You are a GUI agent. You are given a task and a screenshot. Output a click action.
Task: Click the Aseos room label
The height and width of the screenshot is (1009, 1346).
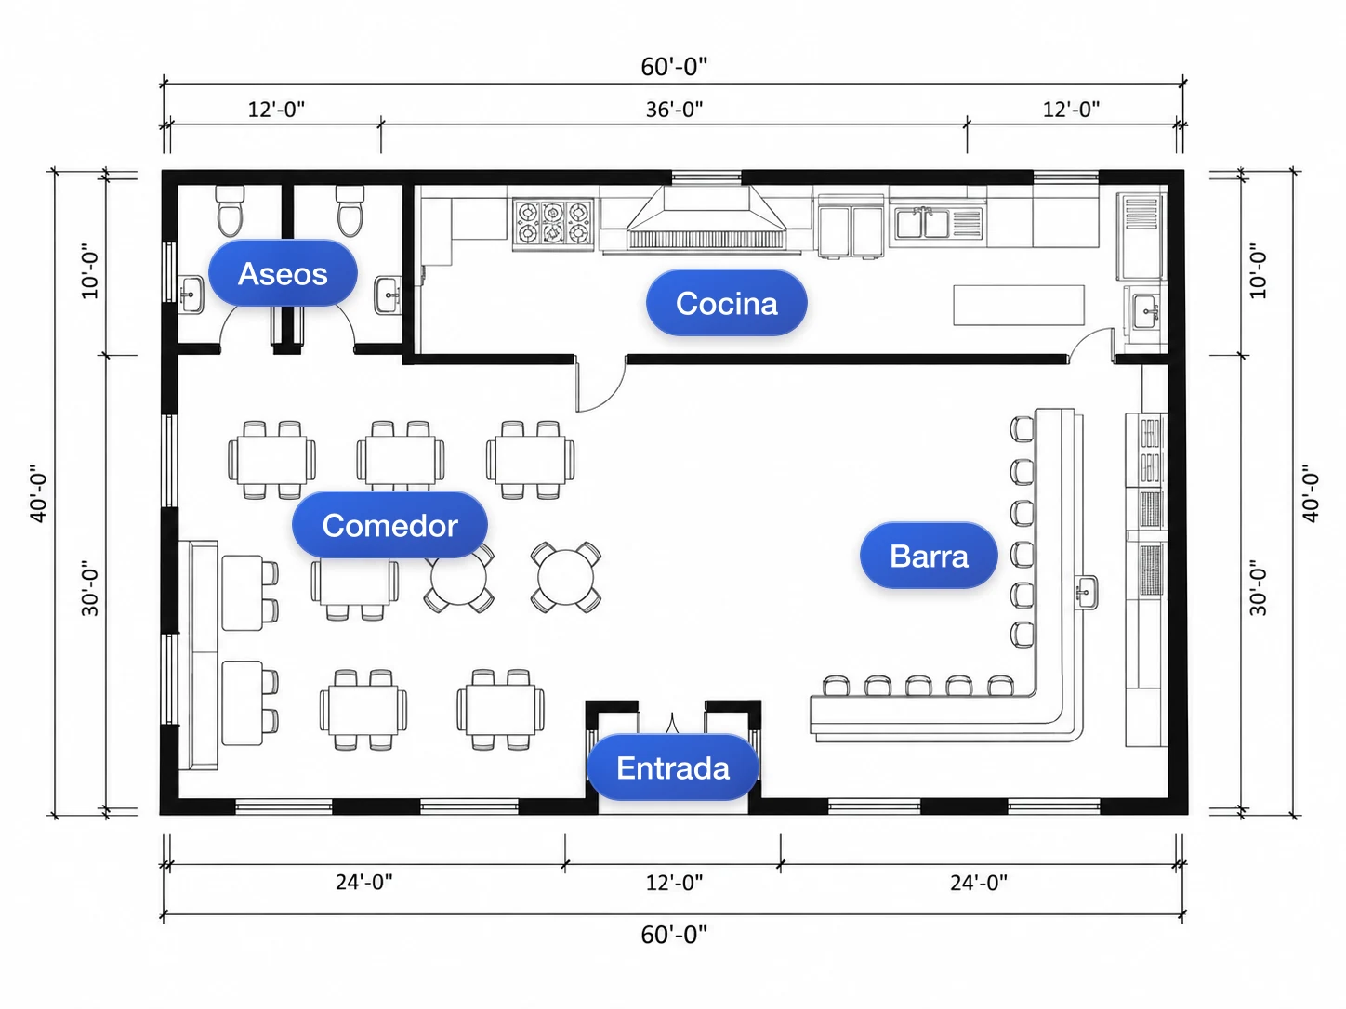283,273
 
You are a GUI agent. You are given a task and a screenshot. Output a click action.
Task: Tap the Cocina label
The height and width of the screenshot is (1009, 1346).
727,303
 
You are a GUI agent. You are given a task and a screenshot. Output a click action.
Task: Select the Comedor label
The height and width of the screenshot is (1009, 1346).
390,525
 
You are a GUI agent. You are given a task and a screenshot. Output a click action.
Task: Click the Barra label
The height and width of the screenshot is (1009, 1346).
929,556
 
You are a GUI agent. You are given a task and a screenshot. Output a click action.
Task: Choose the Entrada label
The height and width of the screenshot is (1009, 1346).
673,767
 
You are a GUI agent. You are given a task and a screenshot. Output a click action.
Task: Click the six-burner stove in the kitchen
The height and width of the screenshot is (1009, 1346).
553,224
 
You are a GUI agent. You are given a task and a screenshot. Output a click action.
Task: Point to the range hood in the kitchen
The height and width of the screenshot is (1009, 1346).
706,218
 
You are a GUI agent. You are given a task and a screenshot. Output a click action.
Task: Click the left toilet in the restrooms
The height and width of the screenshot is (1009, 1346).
230,211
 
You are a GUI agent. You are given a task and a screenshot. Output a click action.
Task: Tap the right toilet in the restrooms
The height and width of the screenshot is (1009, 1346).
350,211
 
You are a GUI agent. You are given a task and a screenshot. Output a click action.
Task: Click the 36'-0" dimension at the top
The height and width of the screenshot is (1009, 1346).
674,110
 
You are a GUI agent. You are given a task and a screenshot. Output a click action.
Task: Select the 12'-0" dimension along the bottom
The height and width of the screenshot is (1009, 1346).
674,883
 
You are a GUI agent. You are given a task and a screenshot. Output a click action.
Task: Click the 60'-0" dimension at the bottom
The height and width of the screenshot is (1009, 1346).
674,935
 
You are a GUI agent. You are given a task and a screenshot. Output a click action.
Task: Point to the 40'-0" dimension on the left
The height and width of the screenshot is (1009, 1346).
39,493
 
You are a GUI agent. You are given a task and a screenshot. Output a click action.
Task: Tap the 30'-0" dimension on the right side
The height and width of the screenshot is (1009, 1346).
1258,587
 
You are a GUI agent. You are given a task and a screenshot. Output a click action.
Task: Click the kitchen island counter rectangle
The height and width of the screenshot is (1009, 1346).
1019,305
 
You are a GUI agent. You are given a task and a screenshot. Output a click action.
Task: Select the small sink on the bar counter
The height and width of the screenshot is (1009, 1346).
1086,593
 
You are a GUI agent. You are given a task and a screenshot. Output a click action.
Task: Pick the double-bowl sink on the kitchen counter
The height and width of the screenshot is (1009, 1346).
939,223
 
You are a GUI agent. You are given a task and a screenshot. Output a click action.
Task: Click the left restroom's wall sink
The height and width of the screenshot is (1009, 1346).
191,295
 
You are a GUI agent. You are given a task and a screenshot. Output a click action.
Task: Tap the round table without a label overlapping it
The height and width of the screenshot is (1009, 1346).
565,577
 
